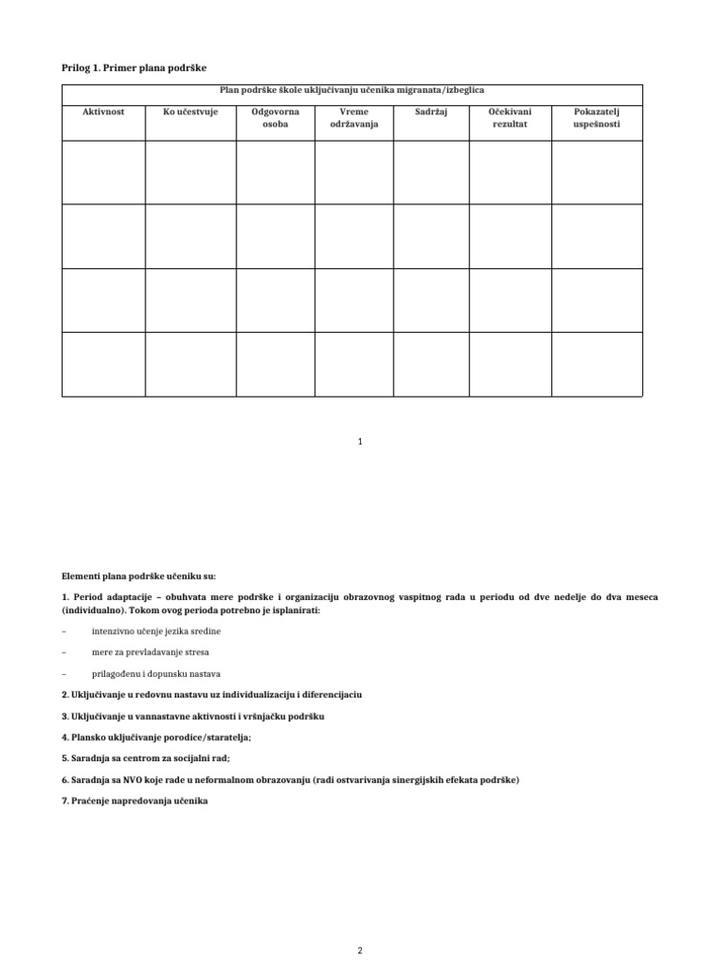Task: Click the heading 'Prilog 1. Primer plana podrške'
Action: tap(133, 67)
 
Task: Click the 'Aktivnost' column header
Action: tap(103, 112)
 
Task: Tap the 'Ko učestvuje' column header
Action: tap(190, 112)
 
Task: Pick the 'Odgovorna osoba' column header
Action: tap(275, 118)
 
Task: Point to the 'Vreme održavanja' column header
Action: tap(353, 118)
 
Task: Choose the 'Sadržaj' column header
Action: tap(431, 112)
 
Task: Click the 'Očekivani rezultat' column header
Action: tap(510, 118)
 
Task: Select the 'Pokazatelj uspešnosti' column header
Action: tap(597, 118)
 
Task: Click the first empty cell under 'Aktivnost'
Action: tap(103, 172)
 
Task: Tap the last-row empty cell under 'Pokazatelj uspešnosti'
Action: tap(597, 364)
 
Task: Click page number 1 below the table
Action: tap(360, 441)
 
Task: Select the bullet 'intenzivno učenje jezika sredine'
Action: tap(157, 631)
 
